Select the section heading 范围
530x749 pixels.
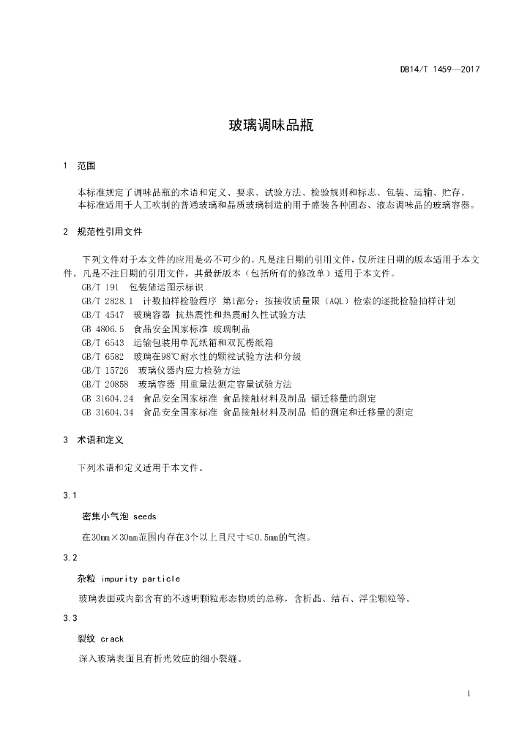pyautogui.click(x=86, y=166)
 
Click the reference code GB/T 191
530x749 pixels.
pyautogui.click(x=100, y=287)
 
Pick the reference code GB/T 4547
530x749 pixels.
pyautogui.click(x=102, y=314)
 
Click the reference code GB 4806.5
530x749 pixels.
pyautogui.click(x=103, y=329)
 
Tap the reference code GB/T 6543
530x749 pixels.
pyautogui.click(x=102, y=342)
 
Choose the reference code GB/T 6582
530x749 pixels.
pyautogui.click(x=102, y=356)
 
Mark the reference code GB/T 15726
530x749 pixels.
pyautogui.click(x=105, y=371)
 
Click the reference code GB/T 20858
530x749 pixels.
pyautogui.click(x=105, y=384)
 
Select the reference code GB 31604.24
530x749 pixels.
pyautogui.click(x=108, y=399)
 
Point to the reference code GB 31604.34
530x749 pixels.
pyautogui.click(x=108, y=413)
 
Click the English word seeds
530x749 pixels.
pyautogui.click(x=145, y=516)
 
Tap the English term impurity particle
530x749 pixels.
pyautogui.click(x=141, y=579)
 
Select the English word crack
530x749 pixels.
pyautogui.click(x=112, y=639)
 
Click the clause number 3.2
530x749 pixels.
pyautogui.click(x=70, y=558)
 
